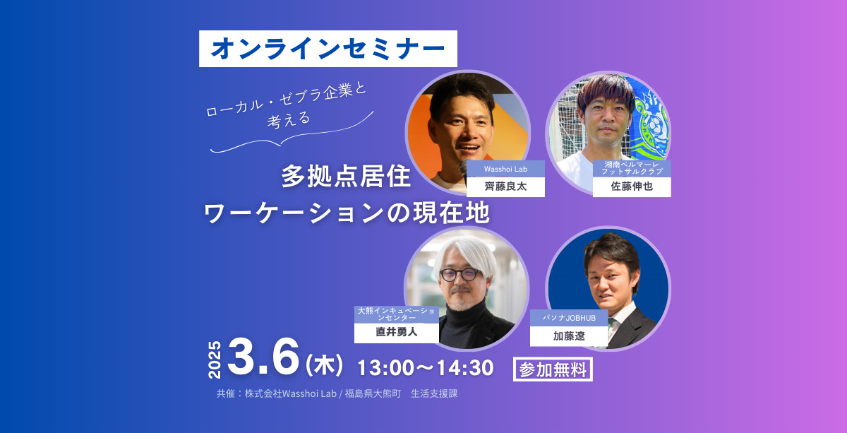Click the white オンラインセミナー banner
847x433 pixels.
(328, 49)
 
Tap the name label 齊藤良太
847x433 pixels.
(505, 186)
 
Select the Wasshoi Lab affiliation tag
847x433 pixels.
(505, 169)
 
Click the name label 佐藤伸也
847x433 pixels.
(632, 186)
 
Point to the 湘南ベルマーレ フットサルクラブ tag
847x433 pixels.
(632, 168)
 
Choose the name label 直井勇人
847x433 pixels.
(396, 333)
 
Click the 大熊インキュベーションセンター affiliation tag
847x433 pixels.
(396, 314)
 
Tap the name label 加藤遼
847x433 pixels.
(569, 336)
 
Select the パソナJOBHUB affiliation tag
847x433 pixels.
(569, 318)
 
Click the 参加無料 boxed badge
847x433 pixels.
(553, 369)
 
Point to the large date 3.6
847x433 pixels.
(263, 357)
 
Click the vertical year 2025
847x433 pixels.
(215, 360)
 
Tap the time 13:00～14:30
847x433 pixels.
(426, 368)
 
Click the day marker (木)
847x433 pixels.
(324, 365)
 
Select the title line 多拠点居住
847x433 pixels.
(346, 176)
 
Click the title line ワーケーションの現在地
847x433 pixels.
(347, 213)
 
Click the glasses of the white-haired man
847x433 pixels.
(459, 274)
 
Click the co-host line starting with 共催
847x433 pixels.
(337, 393)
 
